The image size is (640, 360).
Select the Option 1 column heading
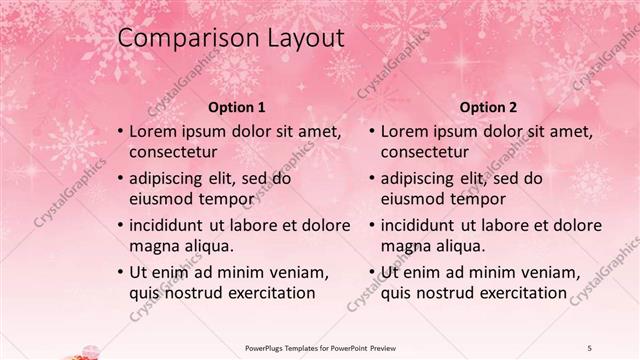click(x=236, y=107)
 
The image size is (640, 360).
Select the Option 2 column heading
click(x=488, y=107)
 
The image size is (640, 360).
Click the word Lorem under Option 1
click(x=153, y=131)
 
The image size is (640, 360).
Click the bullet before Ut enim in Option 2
click(x=372, y=272)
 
